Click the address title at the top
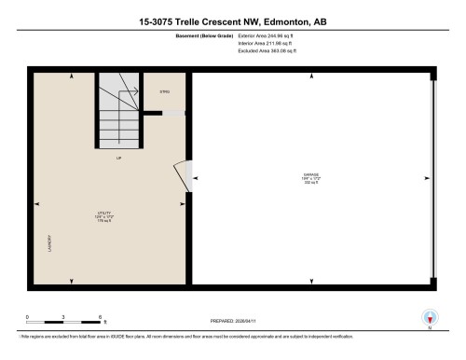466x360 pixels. [233, 21]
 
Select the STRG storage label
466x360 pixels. [164, 92]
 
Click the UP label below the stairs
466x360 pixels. [118, 159]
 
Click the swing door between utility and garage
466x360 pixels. [183, 177]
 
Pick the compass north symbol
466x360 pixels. [429, 317]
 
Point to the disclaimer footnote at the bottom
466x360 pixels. [233, 334]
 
